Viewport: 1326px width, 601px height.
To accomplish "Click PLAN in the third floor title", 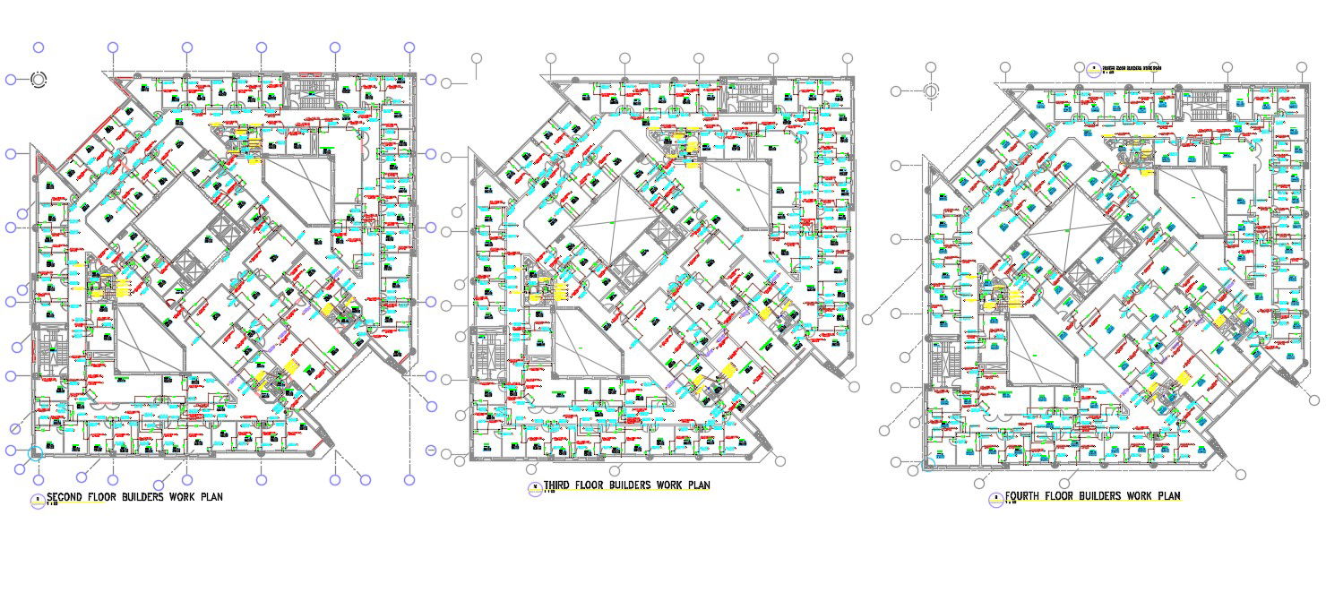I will point(699,485).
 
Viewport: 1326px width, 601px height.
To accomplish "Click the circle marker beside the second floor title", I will point(37,501).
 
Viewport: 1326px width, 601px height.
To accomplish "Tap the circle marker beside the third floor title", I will point(535,488).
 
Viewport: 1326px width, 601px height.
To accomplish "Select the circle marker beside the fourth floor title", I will point(994,500).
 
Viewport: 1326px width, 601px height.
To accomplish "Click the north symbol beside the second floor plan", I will point(39,79).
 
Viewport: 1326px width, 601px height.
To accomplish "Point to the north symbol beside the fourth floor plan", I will point(931,90).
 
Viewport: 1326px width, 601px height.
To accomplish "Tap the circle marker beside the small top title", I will point(1093,69).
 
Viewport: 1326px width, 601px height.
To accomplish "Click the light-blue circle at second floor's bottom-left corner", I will point(36,453).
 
